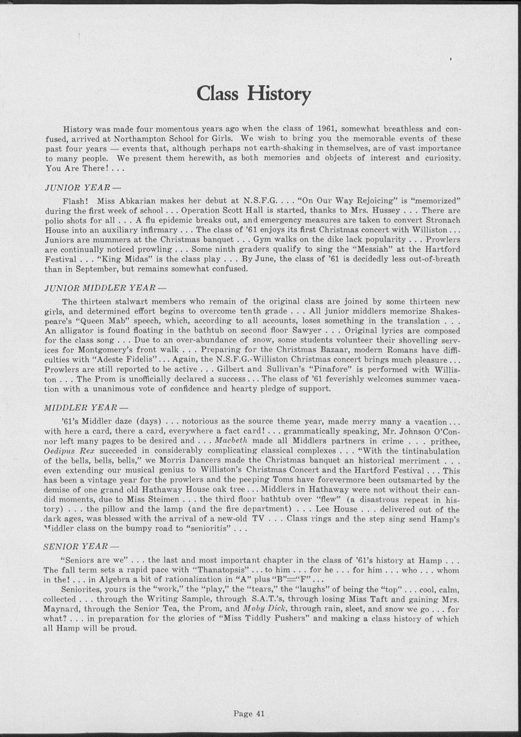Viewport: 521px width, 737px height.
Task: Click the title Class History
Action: coord(254,93)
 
